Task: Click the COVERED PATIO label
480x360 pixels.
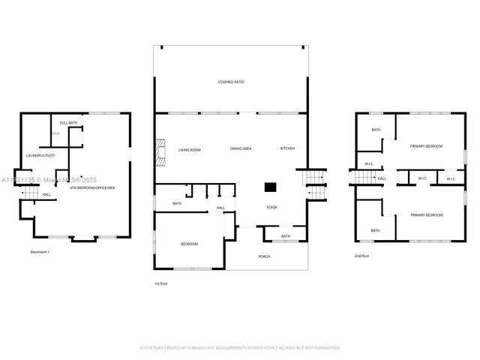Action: pyautogui.click(x=231, y=82)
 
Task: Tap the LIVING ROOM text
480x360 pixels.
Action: pyautogui.click(x=189, y=149)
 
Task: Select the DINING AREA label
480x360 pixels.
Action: pyautogui.click(x=240, y=148)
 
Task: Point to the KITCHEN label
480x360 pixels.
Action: pyautogui.click(x=287, y=148)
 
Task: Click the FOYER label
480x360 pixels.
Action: pyautogui.click(x=271, y=207)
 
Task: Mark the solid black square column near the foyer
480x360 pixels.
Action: pyautogui.click(x=270, y=188)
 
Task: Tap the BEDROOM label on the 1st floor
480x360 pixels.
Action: pyautogui.click(x=189, y=244)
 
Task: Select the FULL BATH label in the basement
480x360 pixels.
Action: pyautogui.click(x=68, y=122)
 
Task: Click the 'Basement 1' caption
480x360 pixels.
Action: pyautogui.click(x=39, y=251)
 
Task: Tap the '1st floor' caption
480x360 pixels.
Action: pyautogui.click(x=160, y=283)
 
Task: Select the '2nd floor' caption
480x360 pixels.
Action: pyautogui.click(x=361, y=256)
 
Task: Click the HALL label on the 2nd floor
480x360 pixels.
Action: pyautogui.click(x=382, y=178)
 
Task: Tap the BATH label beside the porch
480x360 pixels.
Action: pyautogui.click(x=286, y=236)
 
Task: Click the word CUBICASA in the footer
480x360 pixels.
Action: pyautogui.click(x=196, y=347)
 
